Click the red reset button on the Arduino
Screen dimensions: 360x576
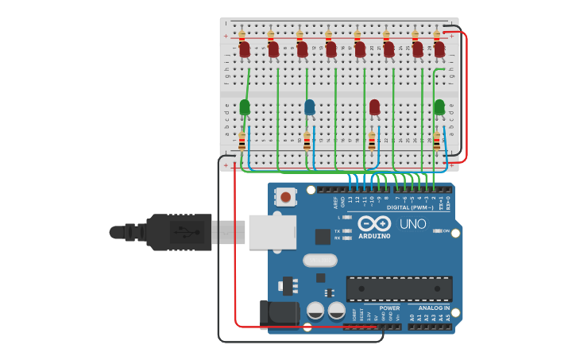285,196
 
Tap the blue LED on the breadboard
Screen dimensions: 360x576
309,106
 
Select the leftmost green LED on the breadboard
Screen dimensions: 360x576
245,106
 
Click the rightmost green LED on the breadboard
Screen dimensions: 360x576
439,106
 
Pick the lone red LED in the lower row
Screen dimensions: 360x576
374,106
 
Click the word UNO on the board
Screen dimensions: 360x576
412,224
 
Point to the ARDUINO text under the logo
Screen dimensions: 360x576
374,236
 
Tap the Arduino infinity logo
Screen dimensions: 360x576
374,223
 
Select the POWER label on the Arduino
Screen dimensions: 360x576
389,308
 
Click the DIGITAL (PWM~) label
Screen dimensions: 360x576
409,207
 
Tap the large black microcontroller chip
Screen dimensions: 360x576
399,288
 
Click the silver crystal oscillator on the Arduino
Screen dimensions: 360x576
320,260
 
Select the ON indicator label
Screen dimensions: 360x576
445,231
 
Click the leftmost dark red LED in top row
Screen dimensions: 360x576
245,49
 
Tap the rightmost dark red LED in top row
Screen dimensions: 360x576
439,49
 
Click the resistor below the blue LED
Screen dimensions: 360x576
307,141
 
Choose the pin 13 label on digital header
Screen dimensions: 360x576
350,199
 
